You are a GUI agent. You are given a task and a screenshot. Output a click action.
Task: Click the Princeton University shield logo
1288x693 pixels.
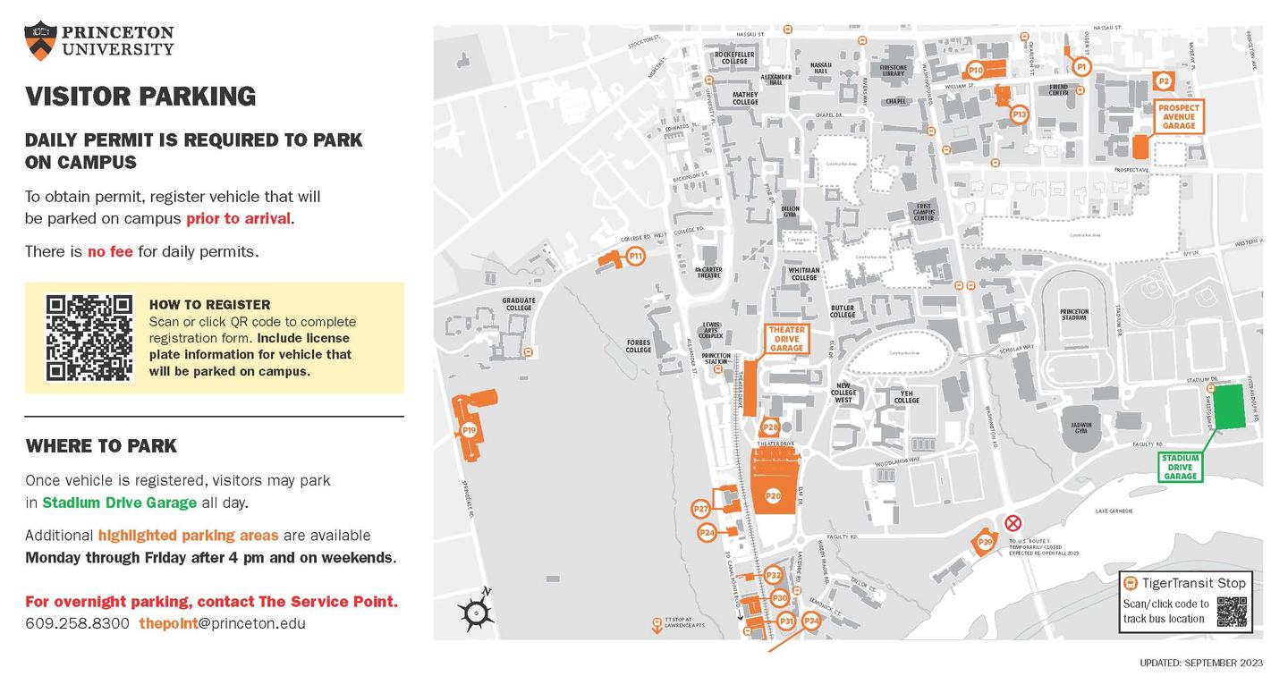40,39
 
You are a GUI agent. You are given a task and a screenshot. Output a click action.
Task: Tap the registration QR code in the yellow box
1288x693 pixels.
89,338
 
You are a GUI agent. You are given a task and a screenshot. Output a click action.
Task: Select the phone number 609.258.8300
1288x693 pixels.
77,623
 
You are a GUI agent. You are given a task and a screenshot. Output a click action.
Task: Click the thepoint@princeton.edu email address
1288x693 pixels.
222,623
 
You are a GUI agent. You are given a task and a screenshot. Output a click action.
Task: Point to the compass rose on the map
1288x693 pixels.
476,612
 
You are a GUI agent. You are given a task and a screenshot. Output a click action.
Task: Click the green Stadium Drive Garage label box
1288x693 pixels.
1180,467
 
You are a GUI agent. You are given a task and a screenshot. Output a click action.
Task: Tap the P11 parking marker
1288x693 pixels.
636,257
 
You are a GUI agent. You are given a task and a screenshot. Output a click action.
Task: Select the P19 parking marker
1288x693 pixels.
469,431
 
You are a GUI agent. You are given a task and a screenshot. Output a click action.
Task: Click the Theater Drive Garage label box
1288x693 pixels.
787,339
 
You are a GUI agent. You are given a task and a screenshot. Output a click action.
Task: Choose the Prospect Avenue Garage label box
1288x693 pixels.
1178,117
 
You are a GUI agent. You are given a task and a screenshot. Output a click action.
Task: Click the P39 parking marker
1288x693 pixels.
985,542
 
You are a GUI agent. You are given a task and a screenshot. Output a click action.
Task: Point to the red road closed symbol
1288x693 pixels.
1013,523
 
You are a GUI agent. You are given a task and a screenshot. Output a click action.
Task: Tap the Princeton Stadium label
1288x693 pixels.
1073,315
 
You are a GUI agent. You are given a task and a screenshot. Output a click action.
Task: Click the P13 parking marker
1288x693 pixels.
1019,114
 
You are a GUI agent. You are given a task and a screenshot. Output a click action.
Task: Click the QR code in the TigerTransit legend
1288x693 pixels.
1232,612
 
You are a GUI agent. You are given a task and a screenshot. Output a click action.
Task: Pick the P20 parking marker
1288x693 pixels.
773,495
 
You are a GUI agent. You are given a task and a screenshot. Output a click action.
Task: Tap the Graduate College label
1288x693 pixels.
518,304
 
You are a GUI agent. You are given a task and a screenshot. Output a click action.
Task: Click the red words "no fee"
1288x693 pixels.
110,251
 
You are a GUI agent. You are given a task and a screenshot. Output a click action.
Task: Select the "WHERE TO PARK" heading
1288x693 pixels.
101,445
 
